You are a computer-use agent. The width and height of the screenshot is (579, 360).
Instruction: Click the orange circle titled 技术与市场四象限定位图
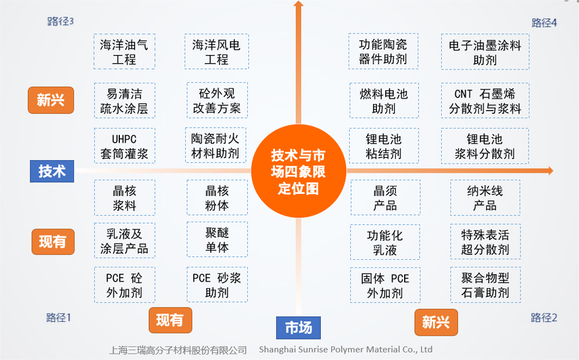[298, 171]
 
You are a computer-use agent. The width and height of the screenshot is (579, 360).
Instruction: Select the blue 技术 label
[52, 171]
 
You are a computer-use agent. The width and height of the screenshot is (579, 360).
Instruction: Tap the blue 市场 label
[298, 328]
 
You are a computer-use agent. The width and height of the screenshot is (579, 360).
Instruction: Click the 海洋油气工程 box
[124, 52]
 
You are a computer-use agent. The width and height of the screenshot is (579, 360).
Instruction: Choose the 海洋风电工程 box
[217, 52]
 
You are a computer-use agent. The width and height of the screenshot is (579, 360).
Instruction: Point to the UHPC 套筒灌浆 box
[124, 146]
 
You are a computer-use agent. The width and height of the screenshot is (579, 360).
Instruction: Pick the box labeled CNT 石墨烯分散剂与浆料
[485, 101]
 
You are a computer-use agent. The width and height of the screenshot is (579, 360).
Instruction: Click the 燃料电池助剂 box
[384, 101]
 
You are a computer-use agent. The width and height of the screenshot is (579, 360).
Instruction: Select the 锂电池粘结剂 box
[384, 146]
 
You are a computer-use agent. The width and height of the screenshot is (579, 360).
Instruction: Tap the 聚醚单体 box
[217, 239]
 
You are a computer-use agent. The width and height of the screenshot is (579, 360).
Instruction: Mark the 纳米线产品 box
[485, 197]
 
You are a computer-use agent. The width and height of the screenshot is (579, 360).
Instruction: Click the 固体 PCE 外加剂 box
[385, 285]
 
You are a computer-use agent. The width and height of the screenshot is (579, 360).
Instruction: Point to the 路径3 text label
[61, 21]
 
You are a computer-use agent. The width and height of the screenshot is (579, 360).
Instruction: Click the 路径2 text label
[544, 318]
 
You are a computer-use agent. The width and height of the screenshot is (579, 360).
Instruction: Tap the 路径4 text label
[544, 23]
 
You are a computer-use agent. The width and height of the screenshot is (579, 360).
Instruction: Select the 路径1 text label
[58, 318]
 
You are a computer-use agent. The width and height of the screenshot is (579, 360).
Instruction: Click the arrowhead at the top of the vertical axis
[298, 3]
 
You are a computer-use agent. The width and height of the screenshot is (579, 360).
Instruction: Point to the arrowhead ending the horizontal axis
[551, 171]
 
